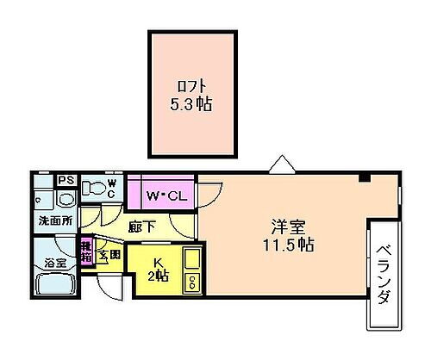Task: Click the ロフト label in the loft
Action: [x=191, y=86]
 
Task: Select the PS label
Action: [x=65, y=180]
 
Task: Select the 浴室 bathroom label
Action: [x=56, y=261]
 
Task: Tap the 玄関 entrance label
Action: [x=109, y=253]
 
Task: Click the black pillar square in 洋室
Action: [x=365, y=178]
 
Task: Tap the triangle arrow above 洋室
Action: [x=280, y=163]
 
